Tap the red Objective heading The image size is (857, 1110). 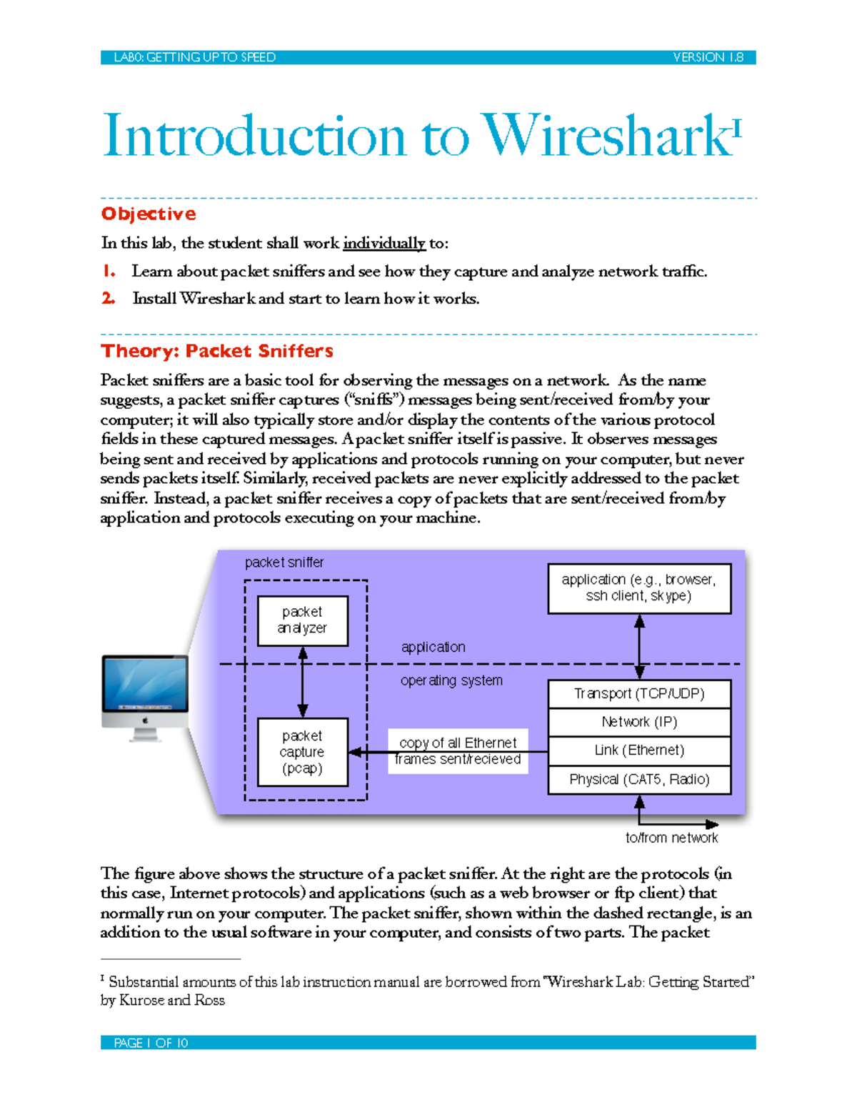(x=148, y=214)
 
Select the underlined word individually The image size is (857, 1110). (x=384, y=243)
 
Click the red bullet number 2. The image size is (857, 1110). (x=108, y=298)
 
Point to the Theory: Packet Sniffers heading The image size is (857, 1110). (x=217, y=351)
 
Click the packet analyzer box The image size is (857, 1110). (x=302, y=620)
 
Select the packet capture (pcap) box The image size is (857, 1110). (x=302, y=752)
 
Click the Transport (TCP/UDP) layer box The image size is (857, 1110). (x=639, y=693)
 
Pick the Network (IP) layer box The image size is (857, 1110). (x=639, y=722)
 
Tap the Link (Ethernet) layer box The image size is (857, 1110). (x=639, y=750)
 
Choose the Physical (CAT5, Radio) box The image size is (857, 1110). (x=639, y=779)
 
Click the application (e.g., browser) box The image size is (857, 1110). (x=639, y=588)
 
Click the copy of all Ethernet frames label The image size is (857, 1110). (x=458, y=751)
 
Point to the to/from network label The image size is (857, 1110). (x=671, y=838)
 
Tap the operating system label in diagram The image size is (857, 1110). (x=451, y=680)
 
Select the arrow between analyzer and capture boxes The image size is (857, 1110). (x=303, y=683)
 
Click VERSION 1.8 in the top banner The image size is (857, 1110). (x=708, y=57)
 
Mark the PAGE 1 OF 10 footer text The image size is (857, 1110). (x=151, y=1043)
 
